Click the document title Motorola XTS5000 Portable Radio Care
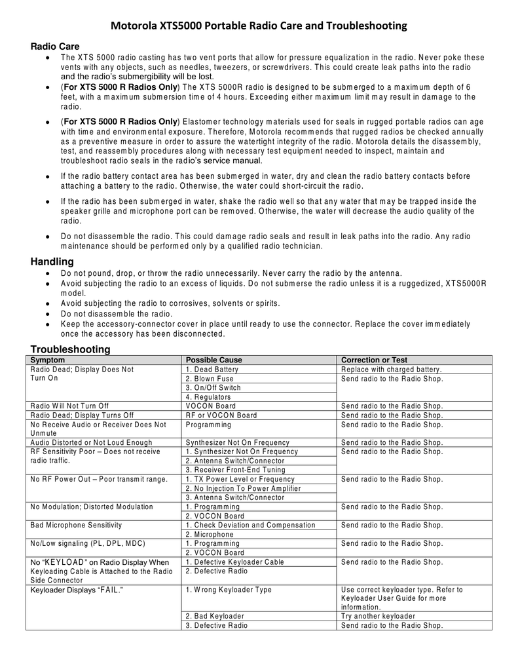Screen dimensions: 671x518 [x=259, y=26]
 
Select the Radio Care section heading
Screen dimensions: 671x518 [x=56, y=47]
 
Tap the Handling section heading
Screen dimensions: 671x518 [x=52, y=262]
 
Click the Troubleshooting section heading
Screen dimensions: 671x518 [x=71, y=349]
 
